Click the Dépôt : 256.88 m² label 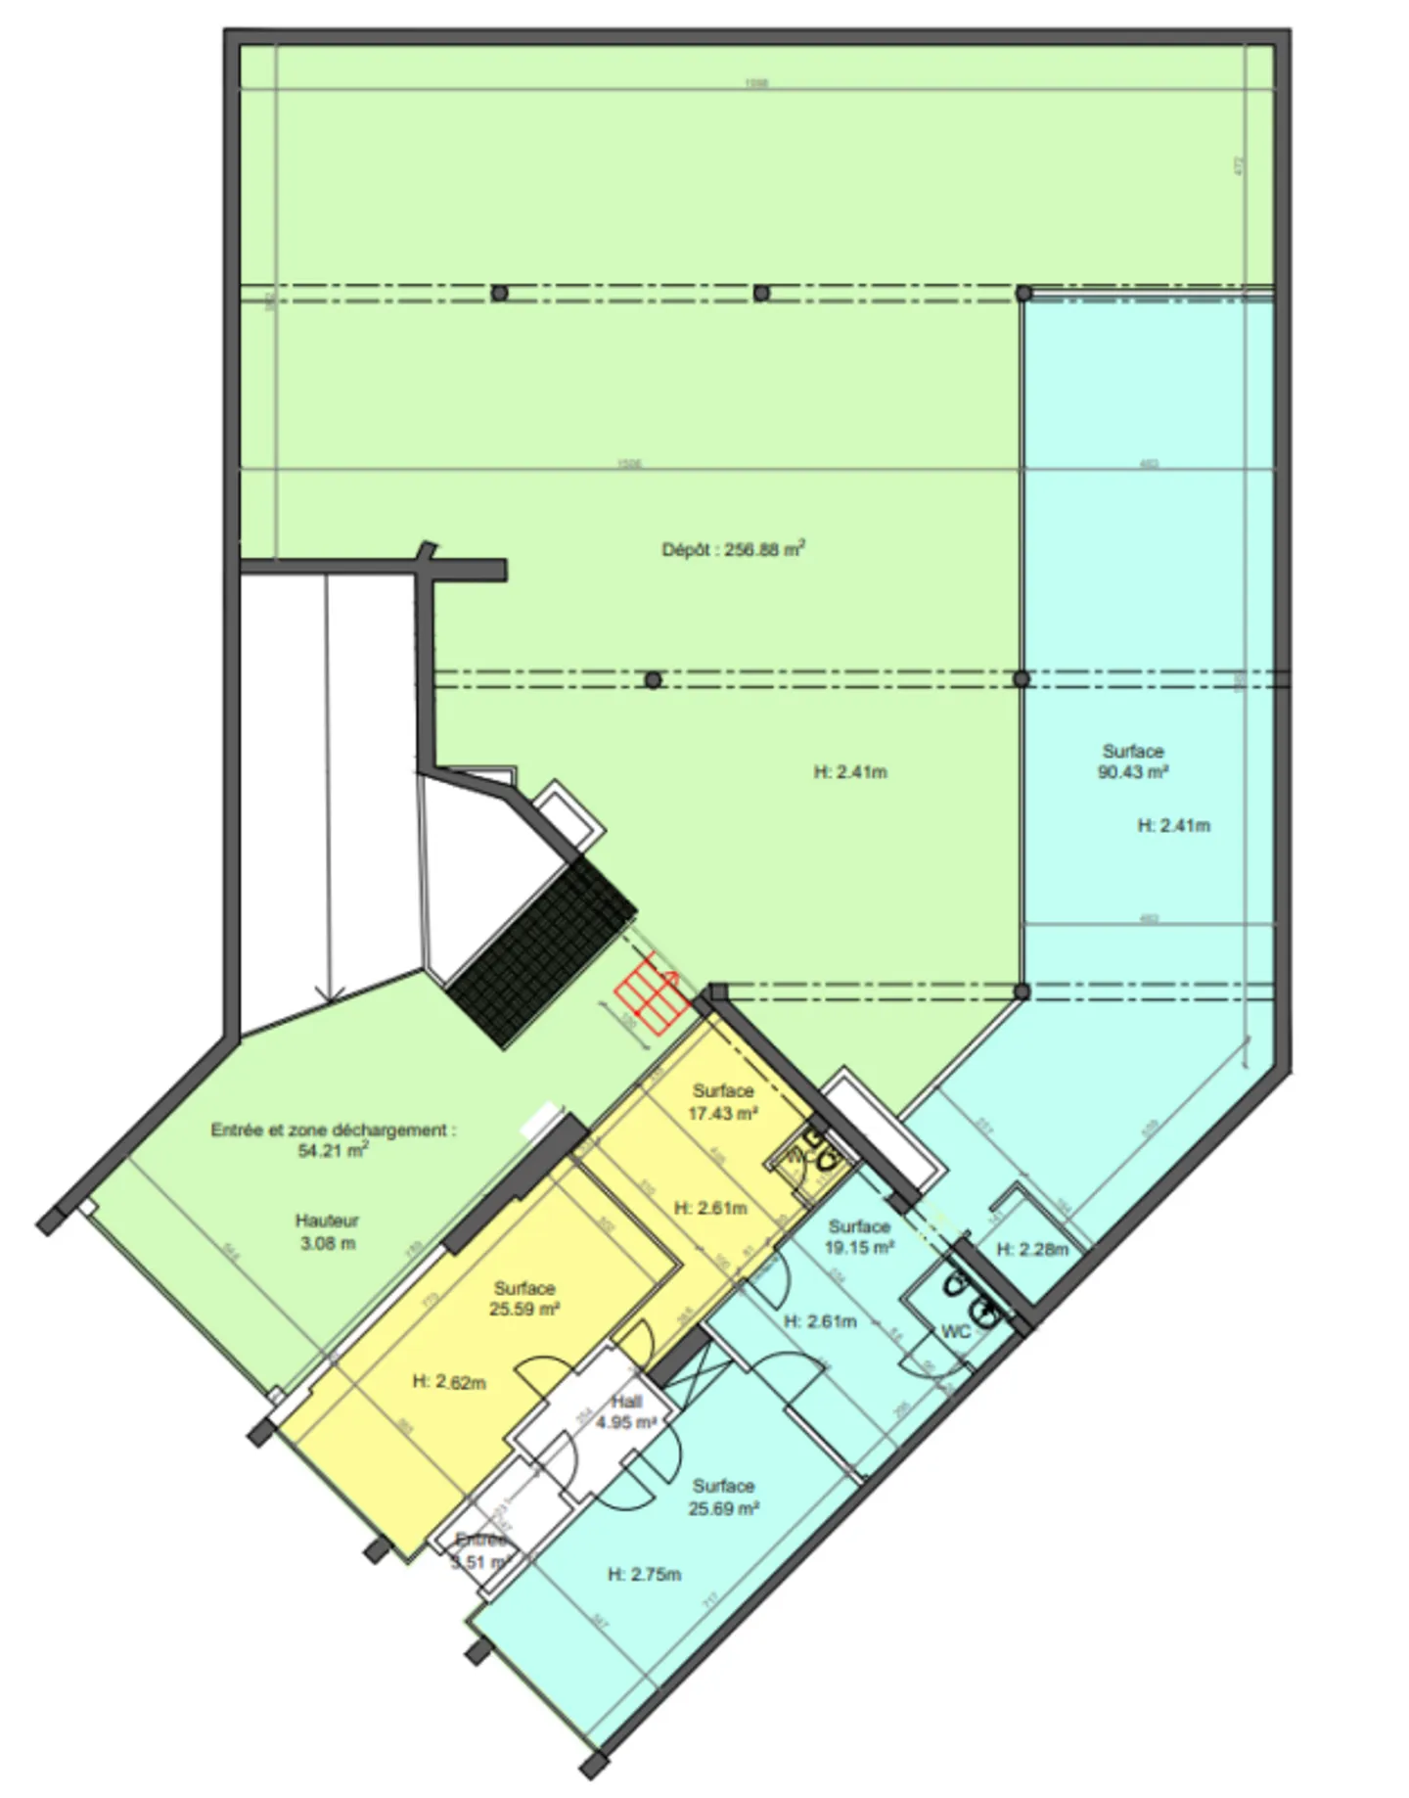click(733, 549)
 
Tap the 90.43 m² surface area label click(1133, 761)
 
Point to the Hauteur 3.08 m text click(327, 1232)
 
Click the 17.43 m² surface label click(723, 1102)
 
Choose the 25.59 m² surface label click(524, 1299)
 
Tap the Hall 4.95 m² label click(626, 1412)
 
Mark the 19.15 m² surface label click(859, 1237)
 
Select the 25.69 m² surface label click(723, 1498)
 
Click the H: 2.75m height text click(644, 1575)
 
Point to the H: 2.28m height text click(1032, 1249)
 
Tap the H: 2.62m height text click(449, 1382)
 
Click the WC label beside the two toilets click(955, 1331)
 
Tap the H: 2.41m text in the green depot click(850, 772)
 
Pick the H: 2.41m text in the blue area click(1173, 825)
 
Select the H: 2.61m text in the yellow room click(710, 1208)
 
